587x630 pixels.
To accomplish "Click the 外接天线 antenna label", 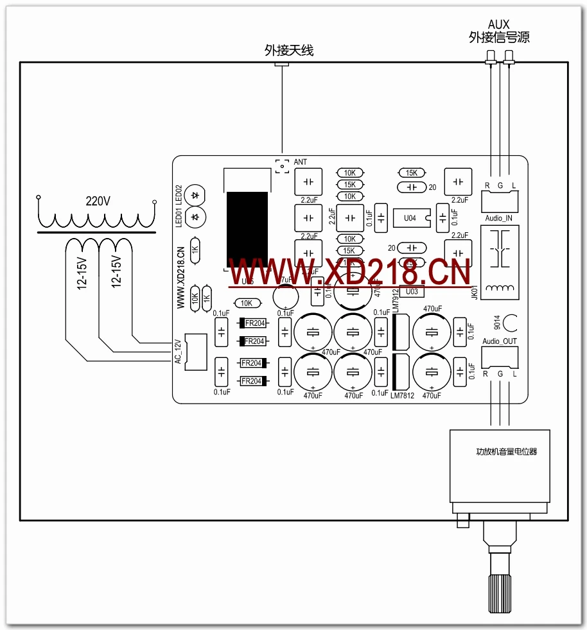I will point(289,50).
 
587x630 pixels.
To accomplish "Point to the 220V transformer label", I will point(98,201).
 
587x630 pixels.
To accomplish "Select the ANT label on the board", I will point(301,162).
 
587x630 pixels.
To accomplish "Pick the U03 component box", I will point(412,291).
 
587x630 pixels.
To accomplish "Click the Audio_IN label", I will point(498,218).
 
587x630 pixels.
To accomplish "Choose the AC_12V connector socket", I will point(193,352).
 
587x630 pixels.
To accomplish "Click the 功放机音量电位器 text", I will point(502,452).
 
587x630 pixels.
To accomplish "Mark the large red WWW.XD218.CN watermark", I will point(351,271).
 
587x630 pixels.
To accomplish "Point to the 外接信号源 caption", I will point(499,37).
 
